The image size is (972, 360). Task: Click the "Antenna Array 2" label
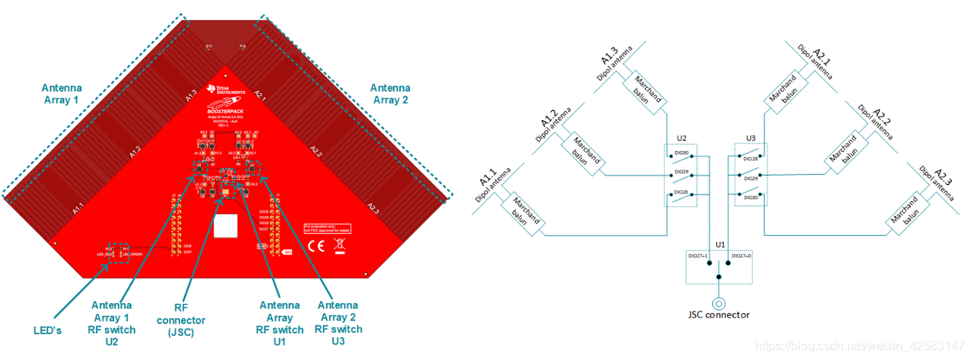coord(392,94)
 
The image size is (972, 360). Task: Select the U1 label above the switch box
coord(718,244)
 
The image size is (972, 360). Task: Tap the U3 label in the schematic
coord(751,138)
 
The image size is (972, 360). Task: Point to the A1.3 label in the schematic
coord(612,56)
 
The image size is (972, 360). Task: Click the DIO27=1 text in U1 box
coord(698,255)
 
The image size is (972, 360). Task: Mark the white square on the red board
coord(226,226)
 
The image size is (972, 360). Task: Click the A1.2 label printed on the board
coord(136,152)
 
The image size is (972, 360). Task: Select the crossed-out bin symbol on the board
coord(340,247)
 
